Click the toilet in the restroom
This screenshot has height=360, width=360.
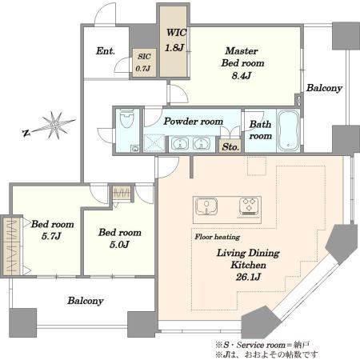tap(126, 118)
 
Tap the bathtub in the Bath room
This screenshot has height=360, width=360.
tap(288, 131)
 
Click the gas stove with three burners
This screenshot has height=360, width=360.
tap(250, 206)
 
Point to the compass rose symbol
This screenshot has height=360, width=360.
tap(54, 125)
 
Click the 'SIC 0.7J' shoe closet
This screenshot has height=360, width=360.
tap(144, 62)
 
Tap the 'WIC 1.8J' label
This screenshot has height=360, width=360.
tap(176, 40)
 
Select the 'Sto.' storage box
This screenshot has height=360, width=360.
tap(231, 146)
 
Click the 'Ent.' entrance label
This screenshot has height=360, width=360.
tap(106, 51)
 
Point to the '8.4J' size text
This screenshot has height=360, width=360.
tap(242, 75)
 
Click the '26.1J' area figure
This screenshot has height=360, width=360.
tap(248, 277)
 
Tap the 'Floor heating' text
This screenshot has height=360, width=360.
tap(218, 237)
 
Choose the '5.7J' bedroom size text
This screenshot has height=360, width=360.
tap(51, 236)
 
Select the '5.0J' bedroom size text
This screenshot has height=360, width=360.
tap(119, 244)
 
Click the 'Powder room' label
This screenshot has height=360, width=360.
tap(194, 122)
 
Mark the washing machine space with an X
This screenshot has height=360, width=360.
tap(154, 143)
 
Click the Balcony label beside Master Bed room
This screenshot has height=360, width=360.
tap(324, 88)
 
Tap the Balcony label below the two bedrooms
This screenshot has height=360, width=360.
tap(86, 301)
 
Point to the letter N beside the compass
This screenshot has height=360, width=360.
tap(26, 133)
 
